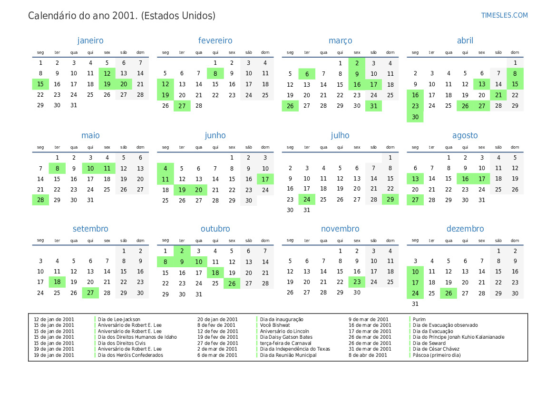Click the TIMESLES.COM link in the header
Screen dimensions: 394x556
pyautogui.click(x=504, y=15)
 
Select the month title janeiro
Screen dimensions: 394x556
pyautogui.click(x=90, y=40)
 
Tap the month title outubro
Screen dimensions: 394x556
pyautogui.click(x=215, y=229)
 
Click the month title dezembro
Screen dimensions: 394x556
pyautogui.click(x=465, y=229)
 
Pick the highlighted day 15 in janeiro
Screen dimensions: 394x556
pyautogui.click(x=40, y=84)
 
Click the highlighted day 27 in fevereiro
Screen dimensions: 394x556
pyautogui.click(x=182, y=106)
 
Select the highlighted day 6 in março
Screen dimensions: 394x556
pyautogui.click(x=307, y=74)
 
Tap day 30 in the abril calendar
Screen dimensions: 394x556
pyautogui.click(x=415, y=117)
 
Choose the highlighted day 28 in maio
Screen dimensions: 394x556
pyautogui.click(x=40, y=200)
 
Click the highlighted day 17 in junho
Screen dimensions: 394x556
pyautogui.click(x=265, y=179)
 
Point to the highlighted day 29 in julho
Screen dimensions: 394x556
pyautogui.click(x=390, y=199)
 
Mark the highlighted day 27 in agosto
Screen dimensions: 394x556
pyautogui.click(x=415, y=200)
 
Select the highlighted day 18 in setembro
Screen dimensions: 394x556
pyautogui.click(x=57, y=282)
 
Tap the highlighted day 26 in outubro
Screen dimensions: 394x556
pyautogui.click(x=232, y=283)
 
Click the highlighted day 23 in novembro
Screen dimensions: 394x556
pyautogui.click(x=357, y=282)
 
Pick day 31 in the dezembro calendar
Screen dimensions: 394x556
pyautogui.click(x=415, y=303)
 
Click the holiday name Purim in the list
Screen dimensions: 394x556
pyautogui.click(x=419, y=319)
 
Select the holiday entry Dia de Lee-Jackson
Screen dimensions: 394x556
pyautogui.click(x=119, y=319)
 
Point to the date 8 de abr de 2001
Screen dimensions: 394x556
pyautogui.click(x=368, y=355)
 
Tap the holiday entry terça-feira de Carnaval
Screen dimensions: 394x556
pyautogui.click(x=285, y=343)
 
